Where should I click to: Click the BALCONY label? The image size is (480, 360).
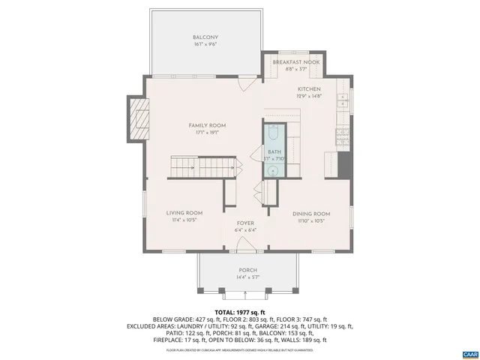(x=205, y=37)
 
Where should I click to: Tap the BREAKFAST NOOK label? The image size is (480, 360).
(x=296, y=62)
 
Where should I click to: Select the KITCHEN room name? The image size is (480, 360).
(x=307, y=88)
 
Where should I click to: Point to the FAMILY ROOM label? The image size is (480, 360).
(x=207, y=125)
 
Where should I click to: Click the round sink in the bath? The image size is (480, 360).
(x=274, y=170)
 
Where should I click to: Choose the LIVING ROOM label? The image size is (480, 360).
(x=184, y=213)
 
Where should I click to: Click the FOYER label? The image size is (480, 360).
(x=246, y=223)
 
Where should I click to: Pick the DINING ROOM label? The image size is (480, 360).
(x=311, y=214)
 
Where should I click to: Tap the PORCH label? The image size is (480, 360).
(x=247, y=270)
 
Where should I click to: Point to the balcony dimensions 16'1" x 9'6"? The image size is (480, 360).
(x=205, y=45)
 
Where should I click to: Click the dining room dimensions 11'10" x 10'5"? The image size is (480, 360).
(x=311, y=221)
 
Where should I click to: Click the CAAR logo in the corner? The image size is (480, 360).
(x=469, y=352)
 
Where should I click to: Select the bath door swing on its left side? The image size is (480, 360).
(x=256, y=191)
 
